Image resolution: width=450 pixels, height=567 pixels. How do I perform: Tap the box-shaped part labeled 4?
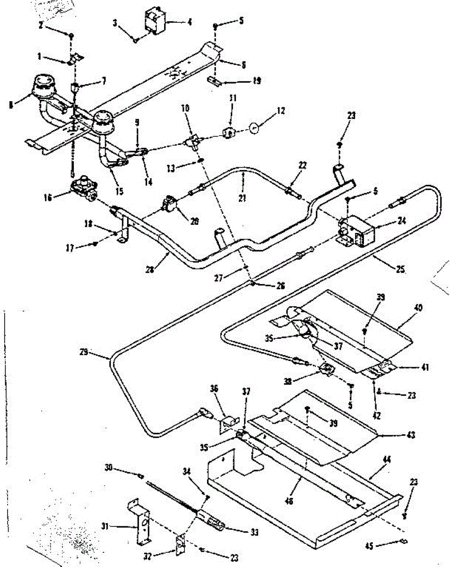tap(154, 22)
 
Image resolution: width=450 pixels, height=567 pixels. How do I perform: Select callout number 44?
tap(387, 460)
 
